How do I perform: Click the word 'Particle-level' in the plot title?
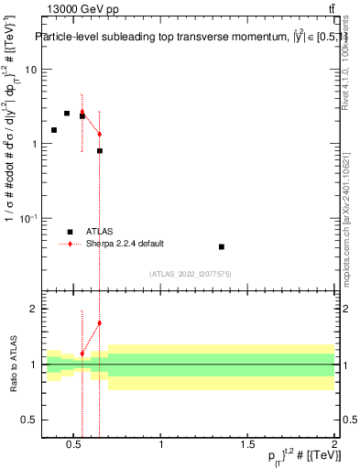point(71,38)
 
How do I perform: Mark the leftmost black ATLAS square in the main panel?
point(54,130)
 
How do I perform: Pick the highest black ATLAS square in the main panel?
point(67,114)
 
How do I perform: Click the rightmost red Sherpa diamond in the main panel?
point(99,134)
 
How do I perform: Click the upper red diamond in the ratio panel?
point(99,322)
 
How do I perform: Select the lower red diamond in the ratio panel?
point(82,354)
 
